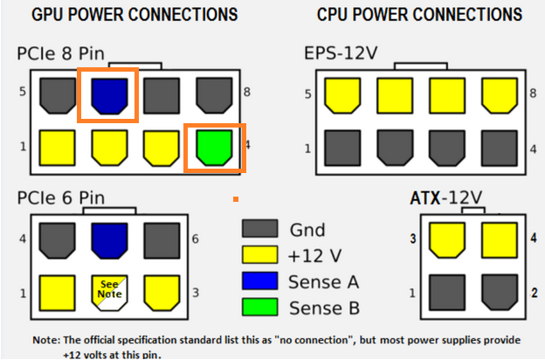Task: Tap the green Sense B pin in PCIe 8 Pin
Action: pyautogui.click(x=213, y=148)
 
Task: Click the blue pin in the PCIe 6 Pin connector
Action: pyautogui.click(x=109, y=238)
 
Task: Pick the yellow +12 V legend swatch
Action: pyautogui.click(x=259, y=256)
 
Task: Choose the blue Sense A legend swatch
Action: pyautogui.click(x=259, y=281)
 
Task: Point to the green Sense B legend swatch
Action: pyautogui.click(x=259, y=307)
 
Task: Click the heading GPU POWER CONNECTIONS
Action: pyautogui.click(x=135, y=15)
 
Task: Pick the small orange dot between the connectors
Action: pyautogui.click(x=235, y=200)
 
